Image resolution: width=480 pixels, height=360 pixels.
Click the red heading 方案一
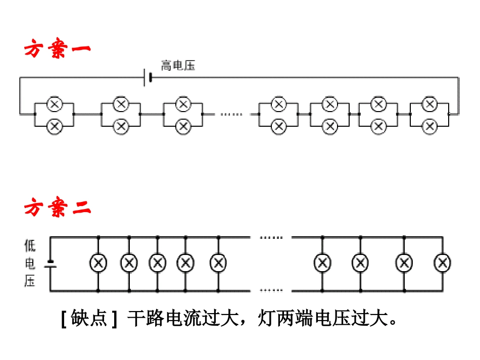(x=57, y=50)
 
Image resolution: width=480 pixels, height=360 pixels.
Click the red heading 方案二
(x=57, y=208)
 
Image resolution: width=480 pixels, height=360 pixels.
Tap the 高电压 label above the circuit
(x=178, y=66)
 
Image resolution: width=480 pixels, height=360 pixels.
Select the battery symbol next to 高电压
(x=148, y=78)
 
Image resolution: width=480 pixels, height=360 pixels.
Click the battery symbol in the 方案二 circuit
(x=50, y=264)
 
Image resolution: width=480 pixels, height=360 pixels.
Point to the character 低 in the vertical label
(x=30, y=246)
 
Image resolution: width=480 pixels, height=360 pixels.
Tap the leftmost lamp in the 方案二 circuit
(x=98, y=263)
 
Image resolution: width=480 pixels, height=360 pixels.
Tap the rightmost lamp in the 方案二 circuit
(x=443, y=263)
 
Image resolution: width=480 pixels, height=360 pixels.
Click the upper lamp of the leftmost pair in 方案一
(x=54, y=105)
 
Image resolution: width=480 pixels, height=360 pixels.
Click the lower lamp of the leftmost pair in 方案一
(x=54, y=126)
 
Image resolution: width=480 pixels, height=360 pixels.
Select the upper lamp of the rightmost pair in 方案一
(x=429, y=105)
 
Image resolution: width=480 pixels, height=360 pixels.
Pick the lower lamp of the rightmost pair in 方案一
(x=429, y=126)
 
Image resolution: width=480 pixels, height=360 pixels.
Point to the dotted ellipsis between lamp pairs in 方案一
(x=231, y=115)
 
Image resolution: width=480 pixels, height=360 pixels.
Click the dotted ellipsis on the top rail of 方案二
(x=271, y=237)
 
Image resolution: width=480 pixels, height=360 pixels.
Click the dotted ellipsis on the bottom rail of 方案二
(x=271, y=291)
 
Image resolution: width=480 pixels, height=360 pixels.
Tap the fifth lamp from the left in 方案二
(x=218, y=263)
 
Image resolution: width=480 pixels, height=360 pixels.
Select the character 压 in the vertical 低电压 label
(x=30, y=281)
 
